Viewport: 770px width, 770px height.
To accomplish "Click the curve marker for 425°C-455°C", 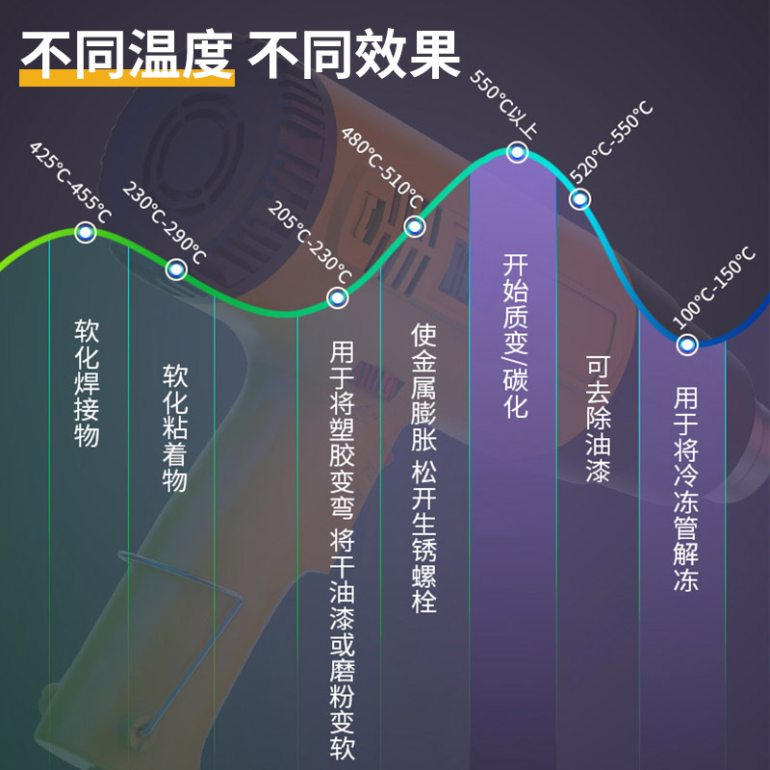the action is pos(85,232).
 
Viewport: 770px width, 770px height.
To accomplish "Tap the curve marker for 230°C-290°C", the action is pos(175,270).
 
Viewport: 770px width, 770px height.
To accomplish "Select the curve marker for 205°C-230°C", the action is pos(337,297).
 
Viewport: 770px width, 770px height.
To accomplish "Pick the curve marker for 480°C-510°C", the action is pos(415,227).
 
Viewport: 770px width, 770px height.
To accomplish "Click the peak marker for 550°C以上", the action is pos(517,152).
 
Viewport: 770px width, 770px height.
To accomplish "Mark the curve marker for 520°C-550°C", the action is pos(579,199).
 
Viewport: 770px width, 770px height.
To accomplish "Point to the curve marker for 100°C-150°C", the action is pos(686,344).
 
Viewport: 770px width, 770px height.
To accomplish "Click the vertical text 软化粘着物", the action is pos(175,427).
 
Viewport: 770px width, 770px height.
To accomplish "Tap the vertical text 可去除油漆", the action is pos(598,419).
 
